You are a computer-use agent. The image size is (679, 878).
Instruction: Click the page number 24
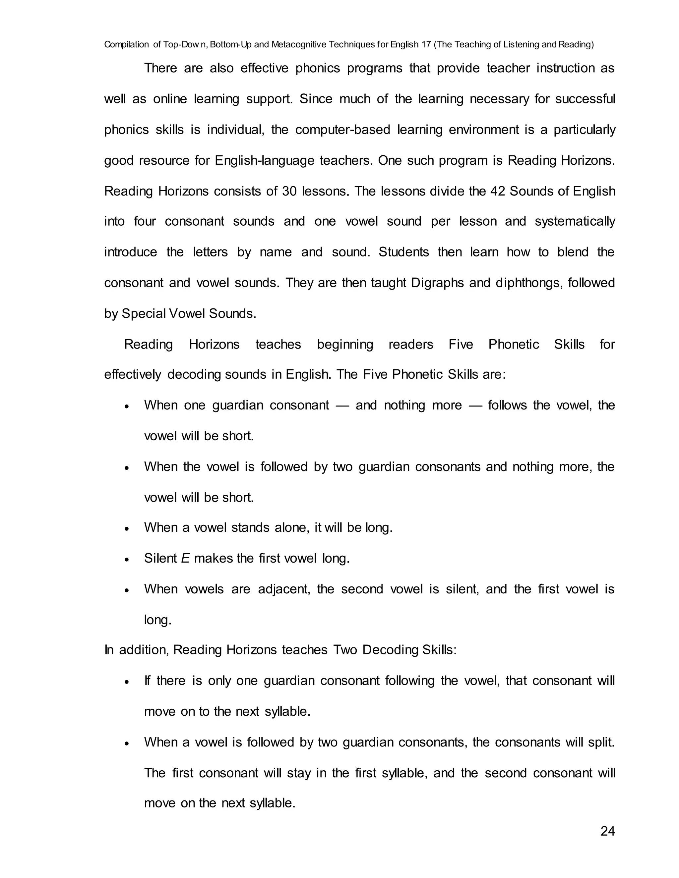point(607,831)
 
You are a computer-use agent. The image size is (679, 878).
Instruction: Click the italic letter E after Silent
point(185,558)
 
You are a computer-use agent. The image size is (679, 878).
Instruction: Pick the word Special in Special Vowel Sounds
point(143,313)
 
